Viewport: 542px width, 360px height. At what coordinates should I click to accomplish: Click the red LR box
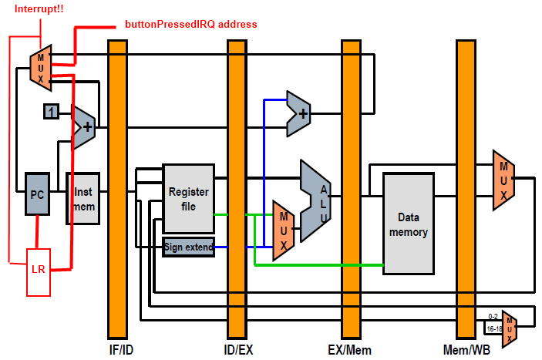[x=39, y=271]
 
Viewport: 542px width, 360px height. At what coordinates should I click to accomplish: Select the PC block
[x=37, y=195]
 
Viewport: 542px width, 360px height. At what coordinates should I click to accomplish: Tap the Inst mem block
[x=82, y=197]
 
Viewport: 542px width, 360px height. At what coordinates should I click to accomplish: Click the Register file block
[x=187, y=198]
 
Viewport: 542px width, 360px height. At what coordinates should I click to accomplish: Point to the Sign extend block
[x=187, y=247]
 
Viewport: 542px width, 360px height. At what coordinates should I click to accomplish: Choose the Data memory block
[x=408, y=224]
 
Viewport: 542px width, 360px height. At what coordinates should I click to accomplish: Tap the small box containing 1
[x=51, y=112]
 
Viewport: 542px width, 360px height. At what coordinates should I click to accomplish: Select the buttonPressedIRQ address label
[x=190, y=25]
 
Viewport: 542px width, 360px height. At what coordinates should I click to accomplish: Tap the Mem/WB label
[x=466, y=351]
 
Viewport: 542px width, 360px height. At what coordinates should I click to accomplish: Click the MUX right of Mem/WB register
[x=503, y=180]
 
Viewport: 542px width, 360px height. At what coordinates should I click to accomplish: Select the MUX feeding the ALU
[x=284, y=230]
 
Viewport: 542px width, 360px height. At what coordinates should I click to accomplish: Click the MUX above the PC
[x=40, y=66]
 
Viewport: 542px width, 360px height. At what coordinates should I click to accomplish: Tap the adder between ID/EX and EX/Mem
[x=299, y=113]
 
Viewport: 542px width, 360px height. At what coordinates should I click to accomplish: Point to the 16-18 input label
[x=493, y=328]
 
